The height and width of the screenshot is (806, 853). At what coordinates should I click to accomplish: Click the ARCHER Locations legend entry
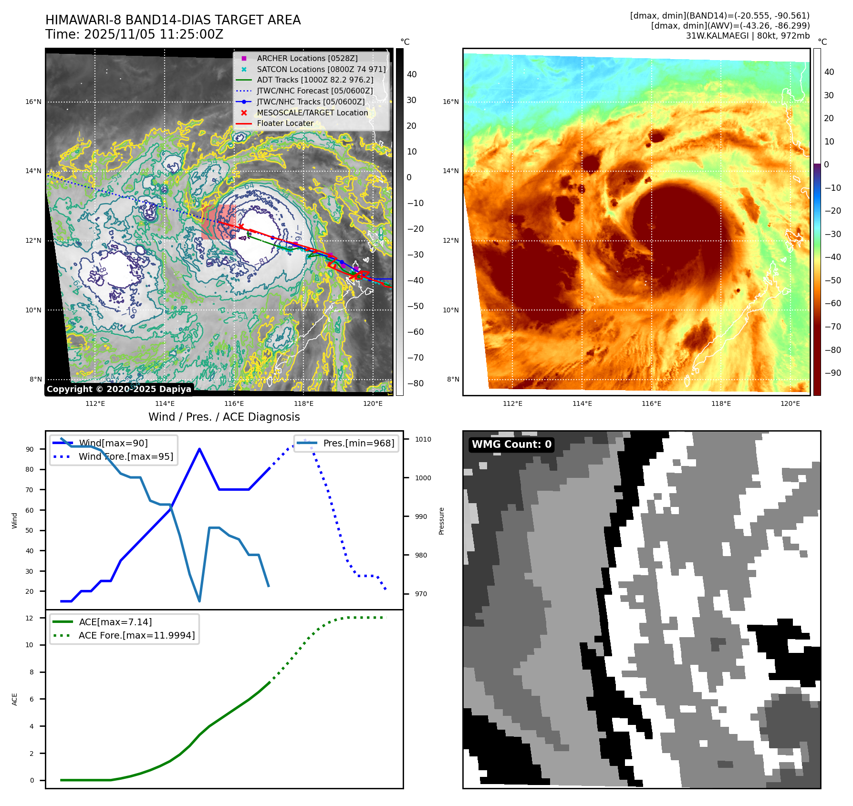pyautogui.click(x=307, y=58)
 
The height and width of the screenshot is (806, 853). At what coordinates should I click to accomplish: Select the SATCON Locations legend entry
pyautogui.click(x=321, y=69)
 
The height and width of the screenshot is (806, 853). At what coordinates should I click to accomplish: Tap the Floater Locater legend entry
pyautogui.click(x=285, y=123)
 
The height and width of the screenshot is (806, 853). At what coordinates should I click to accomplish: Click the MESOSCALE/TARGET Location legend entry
pyautogui.click(x=312, y=113)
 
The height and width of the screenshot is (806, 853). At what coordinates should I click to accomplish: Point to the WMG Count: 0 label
pyautogui.click(x=511, y=444)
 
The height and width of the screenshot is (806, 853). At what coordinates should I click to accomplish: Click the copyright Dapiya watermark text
pyautogui.click(x=119, y=389)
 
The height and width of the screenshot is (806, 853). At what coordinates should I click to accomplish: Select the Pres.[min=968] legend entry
pyautogui.click(x=358, y=443)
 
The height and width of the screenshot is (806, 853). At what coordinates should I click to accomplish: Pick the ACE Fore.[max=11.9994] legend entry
pyautogui.click(x=136, y=635)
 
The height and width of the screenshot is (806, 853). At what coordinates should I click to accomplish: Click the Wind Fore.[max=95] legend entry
pyautogui.click(x=126, y=456)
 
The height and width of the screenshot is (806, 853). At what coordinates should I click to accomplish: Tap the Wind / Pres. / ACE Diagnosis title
pyautogui.click(x=224, y=417)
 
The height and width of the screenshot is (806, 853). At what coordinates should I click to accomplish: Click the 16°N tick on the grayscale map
pyautogui.click(x=33, y=102)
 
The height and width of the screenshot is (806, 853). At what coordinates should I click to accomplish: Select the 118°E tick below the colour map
pyautogui.click(x=721, y=403)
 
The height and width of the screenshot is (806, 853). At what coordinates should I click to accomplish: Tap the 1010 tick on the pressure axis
pyautogui.click(x=423, y=439)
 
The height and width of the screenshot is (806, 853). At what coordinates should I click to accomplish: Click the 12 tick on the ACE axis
pyautogui.click(x=30, y=618)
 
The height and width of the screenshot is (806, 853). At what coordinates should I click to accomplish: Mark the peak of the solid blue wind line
pyautogui.click(x=199, y=449)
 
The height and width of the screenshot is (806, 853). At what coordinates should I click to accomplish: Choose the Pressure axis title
pyautogui.click(x=442, y=521)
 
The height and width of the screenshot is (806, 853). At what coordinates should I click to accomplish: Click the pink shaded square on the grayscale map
pyautogui.click(x=218, y=222)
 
